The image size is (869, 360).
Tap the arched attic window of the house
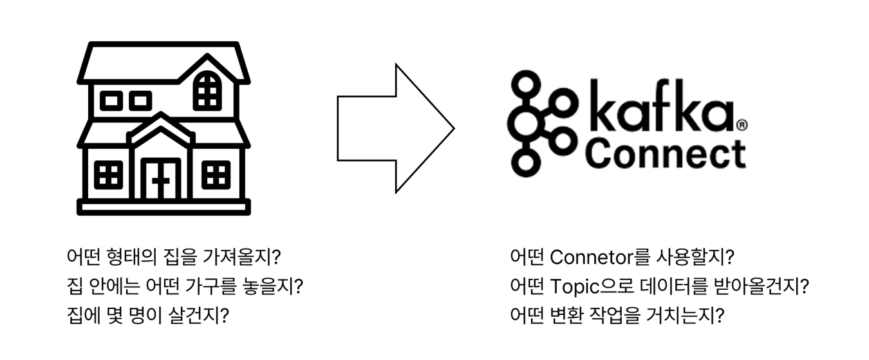[x=207, y=91]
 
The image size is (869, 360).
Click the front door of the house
[x=161, y=179]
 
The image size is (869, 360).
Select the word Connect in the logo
[x=666, y=153]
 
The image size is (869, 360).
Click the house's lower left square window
[x=108, y=175]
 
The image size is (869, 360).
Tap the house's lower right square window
[x=216, y=175]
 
